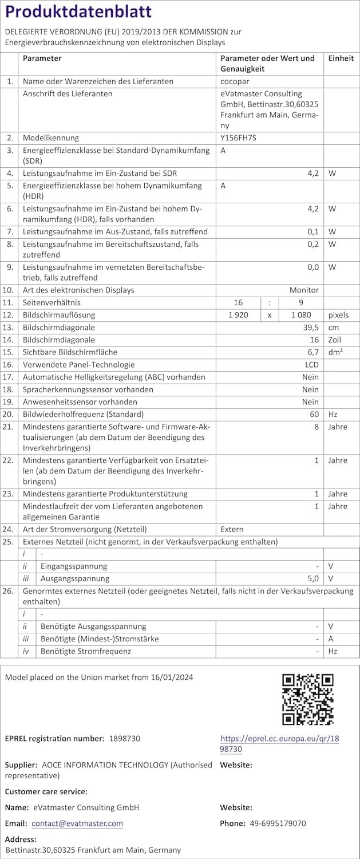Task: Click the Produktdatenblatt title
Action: click(x=78, y=11)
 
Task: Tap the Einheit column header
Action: click(x=341, y=58)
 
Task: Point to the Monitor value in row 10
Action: click(x=304, y=290)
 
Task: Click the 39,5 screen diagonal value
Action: click(x=310, y=328)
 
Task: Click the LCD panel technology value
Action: click(x=311, y=365)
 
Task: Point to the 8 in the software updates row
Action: click(x=316, y=427)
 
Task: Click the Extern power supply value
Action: click(x=232, y=529)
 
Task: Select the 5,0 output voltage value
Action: click(x=312, y=578)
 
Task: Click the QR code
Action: click(x=308, y=700)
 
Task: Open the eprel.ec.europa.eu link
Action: click(x=279, y=744)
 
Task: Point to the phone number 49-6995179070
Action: click(x=278, y=823)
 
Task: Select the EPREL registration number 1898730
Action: click(x=124, y=739)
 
